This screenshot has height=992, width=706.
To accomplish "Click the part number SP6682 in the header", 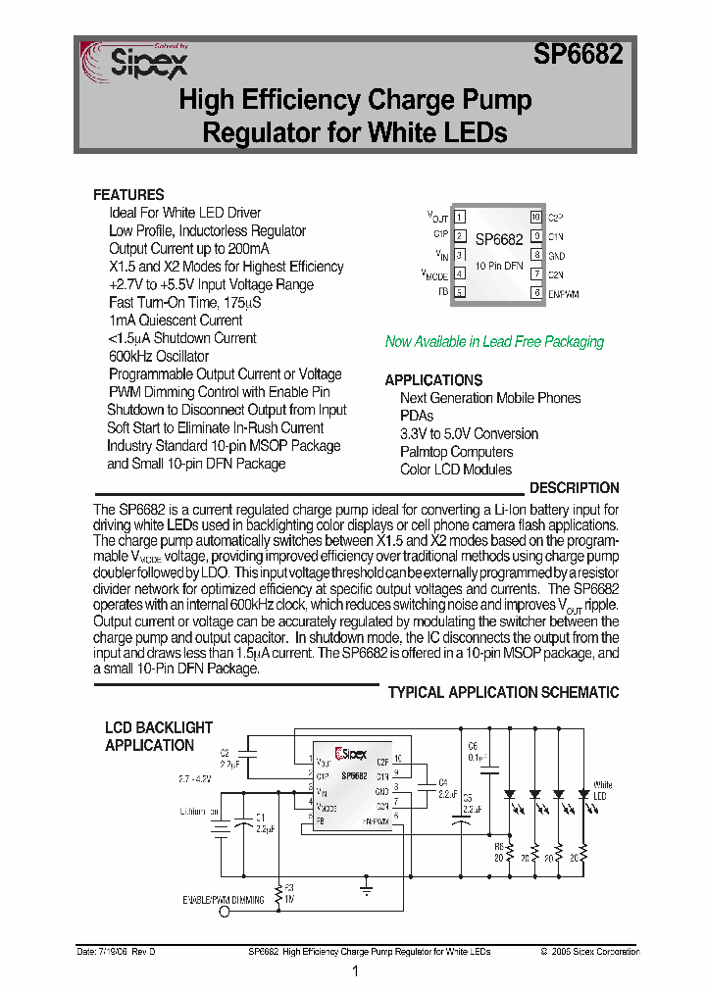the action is click(x=578, y=55).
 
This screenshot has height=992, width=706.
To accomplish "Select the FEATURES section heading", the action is click(x=128, y=194).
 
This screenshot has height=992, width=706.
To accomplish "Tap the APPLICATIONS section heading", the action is click(x=433, y=379).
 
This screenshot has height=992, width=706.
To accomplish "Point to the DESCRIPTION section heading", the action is click(x=574, y=487).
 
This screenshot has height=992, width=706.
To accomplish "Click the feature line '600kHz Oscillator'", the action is click(x=159, y=356).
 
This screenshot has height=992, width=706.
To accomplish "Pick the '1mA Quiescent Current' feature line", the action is click(x=176, y=320).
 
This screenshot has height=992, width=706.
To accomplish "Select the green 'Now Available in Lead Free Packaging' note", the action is click(x=494, y=341).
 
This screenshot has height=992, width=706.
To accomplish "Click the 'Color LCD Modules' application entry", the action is click(x=455, y=470).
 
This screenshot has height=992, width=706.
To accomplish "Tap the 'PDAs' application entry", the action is click(x=417, y=416).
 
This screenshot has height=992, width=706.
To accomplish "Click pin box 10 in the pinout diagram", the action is click(x=535, y=217).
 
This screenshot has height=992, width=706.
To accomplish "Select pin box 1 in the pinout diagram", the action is click(x=459, y=217).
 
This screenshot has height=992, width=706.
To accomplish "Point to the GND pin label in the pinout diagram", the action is click(x=556, y=256).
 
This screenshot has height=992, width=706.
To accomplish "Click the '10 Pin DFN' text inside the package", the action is click(x=499, y=266).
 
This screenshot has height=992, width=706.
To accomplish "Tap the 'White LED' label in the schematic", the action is click(x=603, y=791).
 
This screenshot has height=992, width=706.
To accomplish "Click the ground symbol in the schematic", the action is click(x=365, y=891).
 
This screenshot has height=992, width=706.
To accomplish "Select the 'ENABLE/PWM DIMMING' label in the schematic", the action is click(x=224, y=899).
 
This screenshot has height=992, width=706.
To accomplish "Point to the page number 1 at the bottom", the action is click(x=354, y=971).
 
